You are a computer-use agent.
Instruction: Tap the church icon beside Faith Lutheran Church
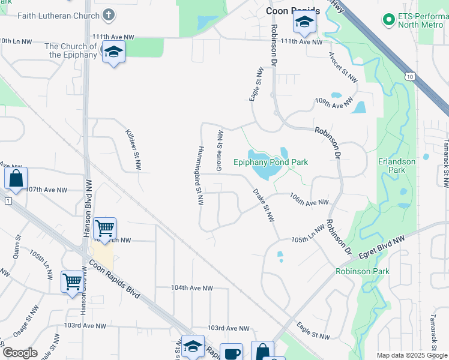coord(109,14)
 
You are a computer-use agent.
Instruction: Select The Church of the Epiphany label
coord(71,50)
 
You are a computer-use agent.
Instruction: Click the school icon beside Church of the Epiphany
coord(113,54)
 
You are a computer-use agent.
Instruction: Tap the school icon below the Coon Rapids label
coord(304,23)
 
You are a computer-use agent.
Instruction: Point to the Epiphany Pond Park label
coord(271,162)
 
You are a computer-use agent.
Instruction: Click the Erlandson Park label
coord(396,166)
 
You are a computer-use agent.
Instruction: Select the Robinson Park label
coord(363,272)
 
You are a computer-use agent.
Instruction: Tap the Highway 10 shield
coord(409,76)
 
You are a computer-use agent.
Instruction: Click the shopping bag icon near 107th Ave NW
coord(16,178)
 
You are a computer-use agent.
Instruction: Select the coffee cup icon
coord(231,353)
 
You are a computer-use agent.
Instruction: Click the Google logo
coord(20,353)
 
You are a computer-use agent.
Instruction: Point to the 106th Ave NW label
coord(309,203)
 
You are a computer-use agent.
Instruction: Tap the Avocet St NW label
coord(343,67)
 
